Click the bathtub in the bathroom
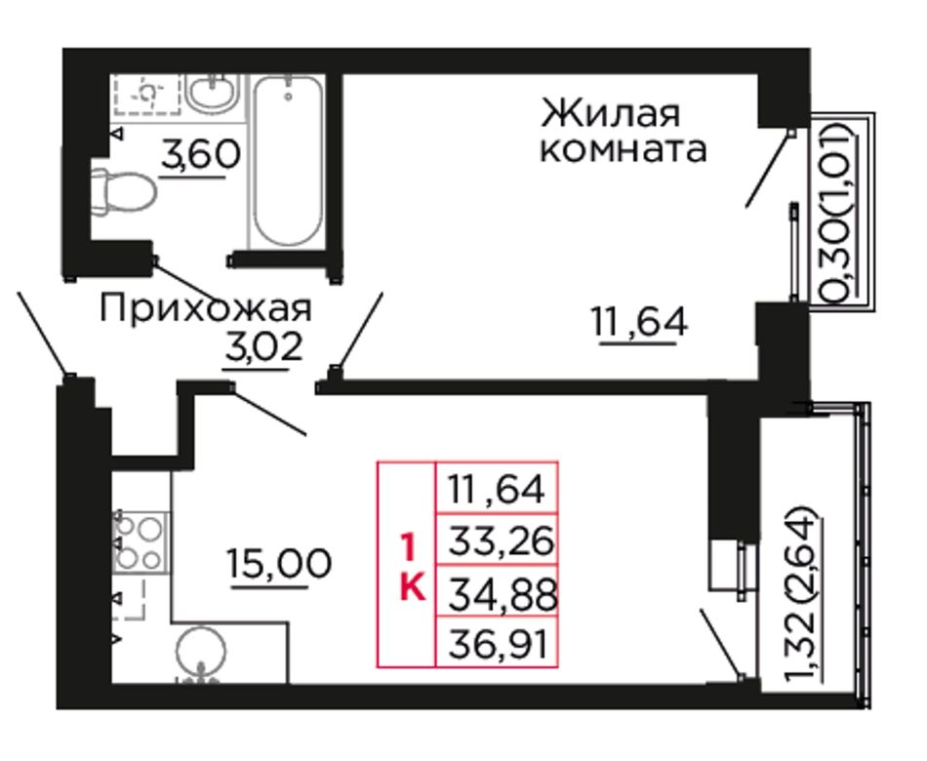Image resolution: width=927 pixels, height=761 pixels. click(288, 160)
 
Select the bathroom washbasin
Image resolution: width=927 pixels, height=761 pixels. click(212, 93)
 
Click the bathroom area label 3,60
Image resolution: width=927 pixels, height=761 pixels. click(200, 154)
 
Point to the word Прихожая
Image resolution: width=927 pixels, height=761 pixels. click(205, 309)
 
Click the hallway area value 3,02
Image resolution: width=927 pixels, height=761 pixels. click(263, 347)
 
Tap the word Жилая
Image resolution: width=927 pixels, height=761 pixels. click(610, 114)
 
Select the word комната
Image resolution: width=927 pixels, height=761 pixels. click(624, 149)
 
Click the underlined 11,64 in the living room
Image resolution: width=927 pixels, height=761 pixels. click(640, 323)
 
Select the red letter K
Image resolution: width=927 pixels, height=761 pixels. click(413, 586)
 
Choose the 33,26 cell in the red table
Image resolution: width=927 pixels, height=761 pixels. click(497, 540)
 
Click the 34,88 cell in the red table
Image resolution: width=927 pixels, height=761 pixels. click(497, 591)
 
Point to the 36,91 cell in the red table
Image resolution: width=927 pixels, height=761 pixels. click(497, 642)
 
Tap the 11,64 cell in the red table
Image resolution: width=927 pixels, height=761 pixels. click(497, 488)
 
